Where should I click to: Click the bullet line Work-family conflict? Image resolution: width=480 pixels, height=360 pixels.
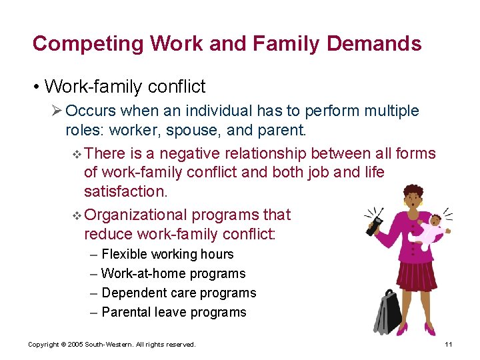[124, 87]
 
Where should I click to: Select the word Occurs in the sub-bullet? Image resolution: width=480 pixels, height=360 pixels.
[91, 111]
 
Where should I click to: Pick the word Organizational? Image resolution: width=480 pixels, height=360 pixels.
[137, 215]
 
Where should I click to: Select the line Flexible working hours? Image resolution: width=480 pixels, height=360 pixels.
[167, 254]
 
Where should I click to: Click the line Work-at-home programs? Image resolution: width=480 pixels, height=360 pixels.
[173, 273]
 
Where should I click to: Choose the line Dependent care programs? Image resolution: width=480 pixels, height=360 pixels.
[178, 293]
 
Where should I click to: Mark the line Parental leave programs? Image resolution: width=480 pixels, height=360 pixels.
[173, 312]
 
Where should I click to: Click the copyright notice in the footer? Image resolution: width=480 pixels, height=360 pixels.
[111, 345]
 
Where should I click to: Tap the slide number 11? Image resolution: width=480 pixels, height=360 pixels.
[448, 345]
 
